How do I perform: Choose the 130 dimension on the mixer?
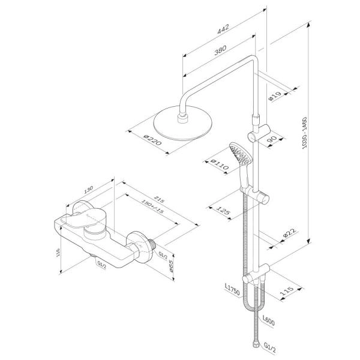[x=89, y=190]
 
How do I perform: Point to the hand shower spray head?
[x=239, y=154]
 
